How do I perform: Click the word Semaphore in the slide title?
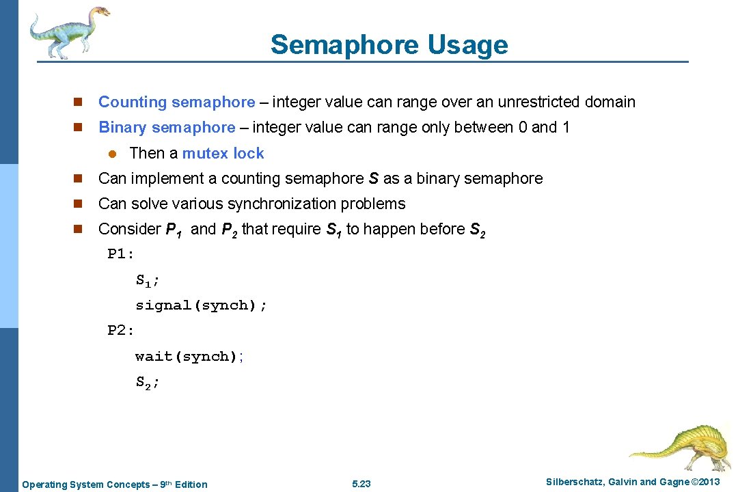click(x=344, y=45)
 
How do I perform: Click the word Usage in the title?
click(x=468, y=45)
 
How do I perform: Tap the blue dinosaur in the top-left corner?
click(x=69, y=31)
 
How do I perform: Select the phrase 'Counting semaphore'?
click(x=176, y=102)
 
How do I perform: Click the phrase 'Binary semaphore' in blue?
click(x=167, y=128)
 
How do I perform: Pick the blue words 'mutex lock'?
click(x=223, y=153)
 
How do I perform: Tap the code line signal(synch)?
click(x=201, y=305)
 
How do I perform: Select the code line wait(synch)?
click(x=189, y=356)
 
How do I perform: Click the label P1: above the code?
click(x=121, y=254)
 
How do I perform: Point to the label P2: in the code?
click(x=121, y=331)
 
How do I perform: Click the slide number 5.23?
click(x=361, y=484)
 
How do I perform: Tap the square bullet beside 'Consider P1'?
click(x=78, y=230)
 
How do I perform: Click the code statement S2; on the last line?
click(x=147, y=383)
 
